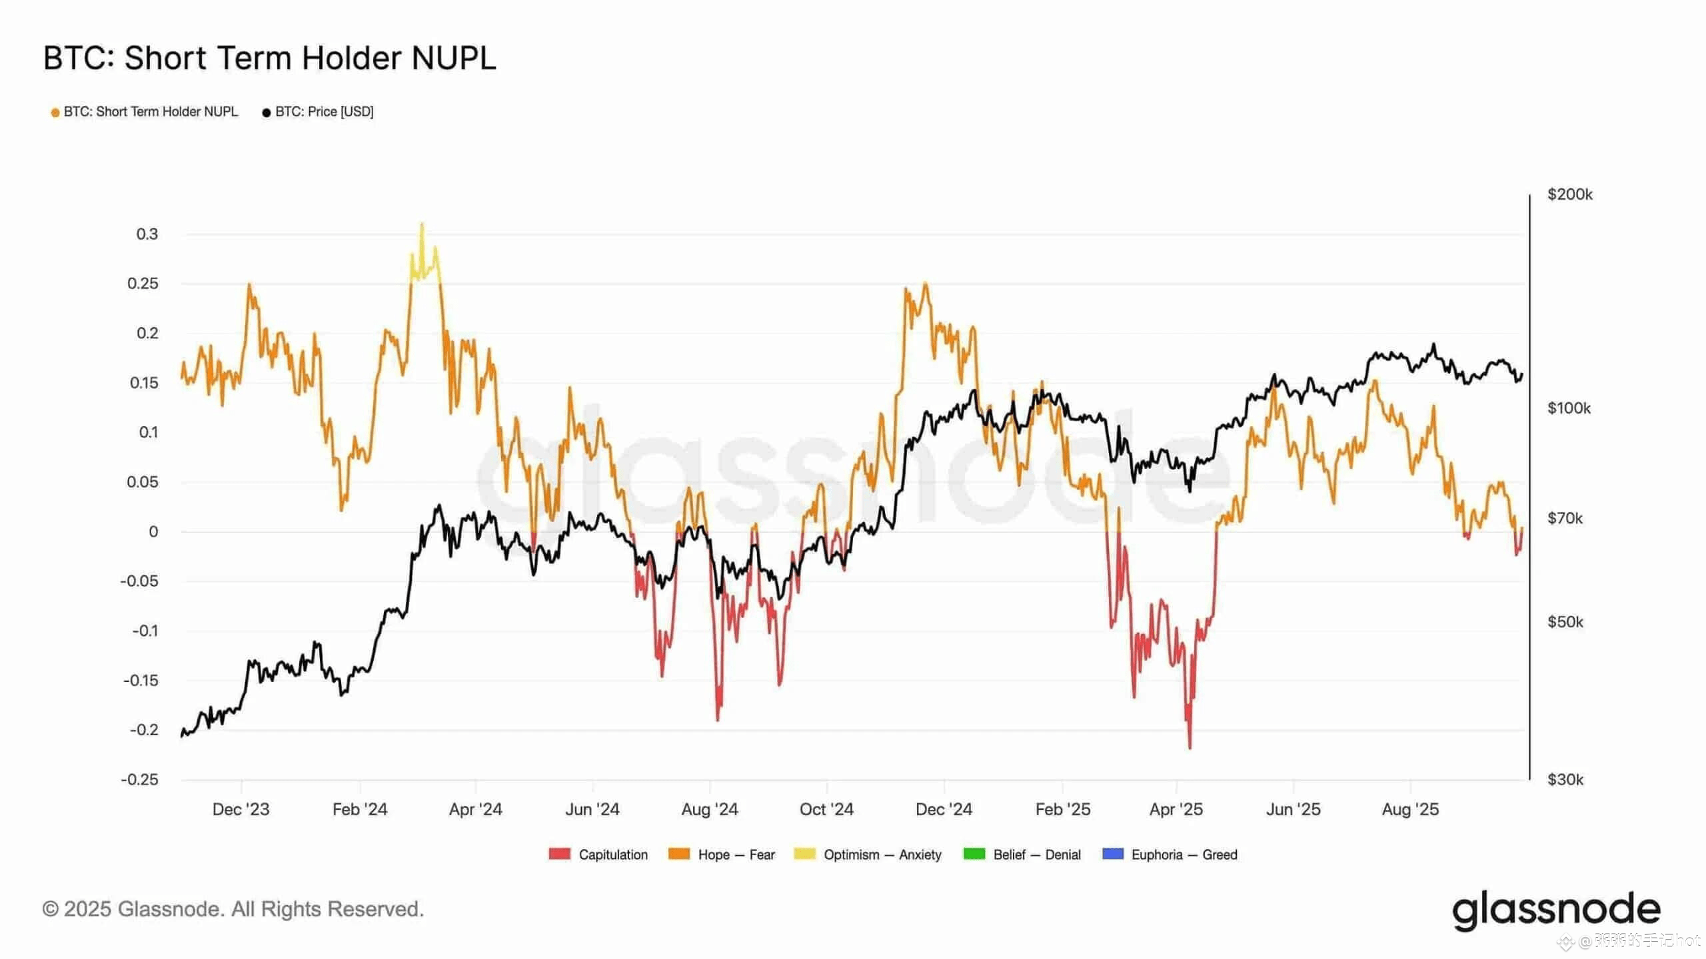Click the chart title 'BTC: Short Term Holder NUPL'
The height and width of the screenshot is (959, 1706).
point(269,58)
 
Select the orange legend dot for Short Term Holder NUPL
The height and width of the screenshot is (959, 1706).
point(55,113)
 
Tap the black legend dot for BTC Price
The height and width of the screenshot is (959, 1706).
point(267,113)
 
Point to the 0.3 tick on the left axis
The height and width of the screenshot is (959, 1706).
point(147,234)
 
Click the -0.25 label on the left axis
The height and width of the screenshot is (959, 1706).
point(139,779)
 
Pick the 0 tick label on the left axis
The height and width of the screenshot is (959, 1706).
point(153,531)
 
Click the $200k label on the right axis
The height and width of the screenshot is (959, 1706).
point(1569,194)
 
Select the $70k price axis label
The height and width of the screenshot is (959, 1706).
point(1565,518)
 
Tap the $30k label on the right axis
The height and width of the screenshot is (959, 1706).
point(1565,779)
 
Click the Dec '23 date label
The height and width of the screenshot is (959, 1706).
point(241,809)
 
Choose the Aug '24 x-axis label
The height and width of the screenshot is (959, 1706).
point(710,809)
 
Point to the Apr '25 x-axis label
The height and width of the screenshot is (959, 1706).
point(1176,809)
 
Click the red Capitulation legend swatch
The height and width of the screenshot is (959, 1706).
point(560,854)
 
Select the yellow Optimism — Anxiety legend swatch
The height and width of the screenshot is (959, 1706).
point(805,854)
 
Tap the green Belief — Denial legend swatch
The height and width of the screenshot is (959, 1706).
point(974,854)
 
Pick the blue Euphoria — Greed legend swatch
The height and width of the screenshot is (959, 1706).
point(1113,854)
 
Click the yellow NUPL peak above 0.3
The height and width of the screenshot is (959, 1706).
point(422,225)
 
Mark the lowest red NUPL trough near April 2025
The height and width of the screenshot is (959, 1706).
point(1190,747)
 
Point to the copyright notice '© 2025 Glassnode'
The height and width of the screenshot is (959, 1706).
point(233,909)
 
